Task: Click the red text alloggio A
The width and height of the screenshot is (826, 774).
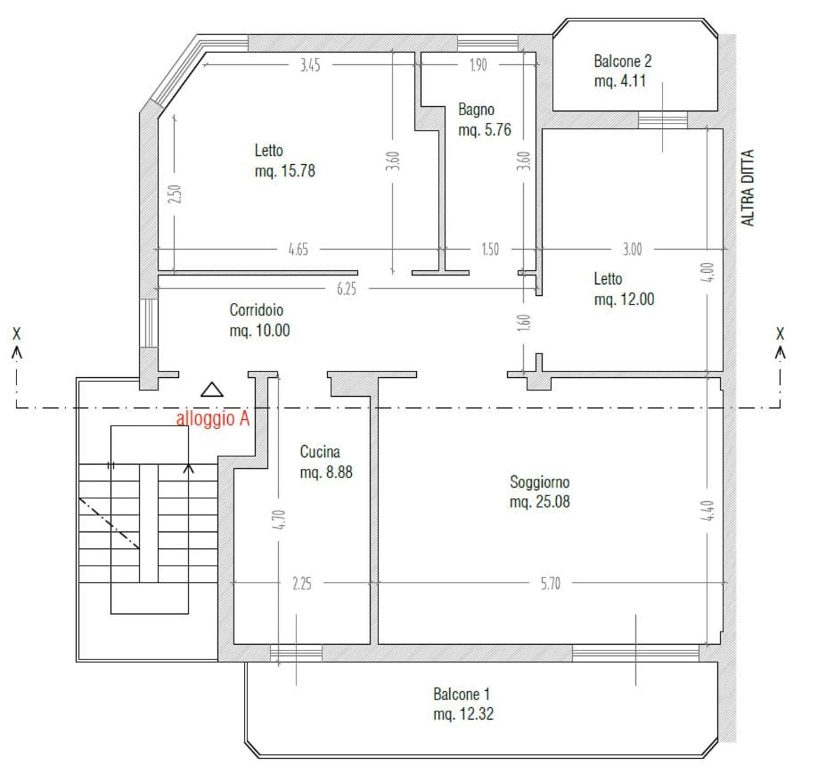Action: click(213, 418)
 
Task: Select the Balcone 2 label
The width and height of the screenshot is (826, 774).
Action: click(623, 70)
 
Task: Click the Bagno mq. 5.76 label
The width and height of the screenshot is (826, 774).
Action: click(485, 119)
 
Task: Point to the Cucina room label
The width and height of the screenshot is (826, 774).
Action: click(326, 462)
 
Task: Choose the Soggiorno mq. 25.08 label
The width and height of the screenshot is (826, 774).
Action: click(540, 491)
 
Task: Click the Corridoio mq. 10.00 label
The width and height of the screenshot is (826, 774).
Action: click(259, 320)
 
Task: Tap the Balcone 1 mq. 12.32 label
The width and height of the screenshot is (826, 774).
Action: click(463, 704)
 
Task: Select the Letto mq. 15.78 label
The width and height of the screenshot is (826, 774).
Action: click(285, 161)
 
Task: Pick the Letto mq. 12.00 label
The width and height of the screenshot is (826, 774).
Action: click(625, 289)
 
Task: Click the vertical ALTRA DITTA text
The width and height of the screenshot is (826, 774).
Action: click(748, 188)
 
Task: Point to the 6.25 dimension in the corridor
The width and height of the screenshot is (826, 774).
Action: click(347, 289)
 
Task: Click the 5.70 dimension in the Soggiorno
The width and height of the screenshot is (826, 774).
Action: click(551, 584)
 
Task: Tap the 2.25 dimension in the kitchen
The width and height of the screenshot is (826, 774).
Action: click(302, 584)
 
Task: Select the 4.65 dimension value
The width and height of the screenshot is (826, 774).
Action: click(299, 250)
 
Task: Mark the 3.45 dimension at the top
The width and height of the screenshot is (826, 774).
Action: click(310, 65)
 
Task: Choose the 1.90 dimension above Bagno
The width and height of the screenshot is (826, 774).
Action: click(478, 65)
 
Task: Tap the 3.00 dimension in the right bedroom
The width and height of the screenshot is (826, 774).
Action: click(632, 250)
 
